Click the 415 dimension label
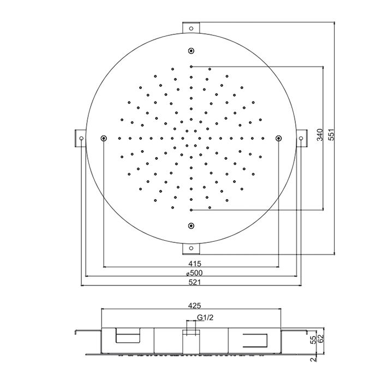point(195,264)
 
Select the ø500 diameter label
point(194,273)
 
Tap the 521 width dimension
point(195,282)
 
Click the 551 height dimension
point(332,135)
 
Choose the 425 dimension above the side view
point(194,306)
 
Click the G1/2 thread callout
point(205,318)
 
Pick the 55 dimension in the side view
point(314,339)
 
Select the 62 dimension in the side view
point(321,338)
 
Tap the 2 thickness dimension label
point(314,360)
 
